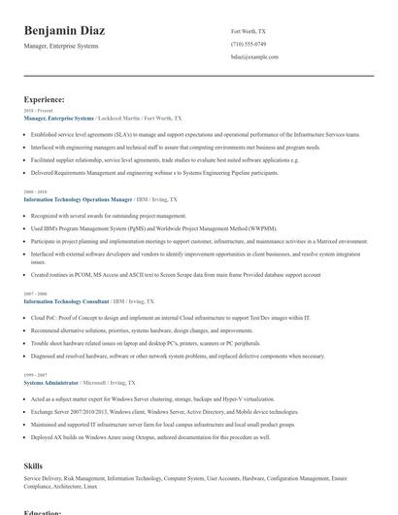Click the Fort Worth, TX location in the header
[x=248, y=31]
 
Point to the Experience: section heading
[x=45, y=99]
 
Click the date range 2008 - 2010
[x=35, y=192]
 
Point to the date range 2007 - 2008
[x=35, y=294]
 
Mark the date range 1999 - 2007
[x=35, y=376]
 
